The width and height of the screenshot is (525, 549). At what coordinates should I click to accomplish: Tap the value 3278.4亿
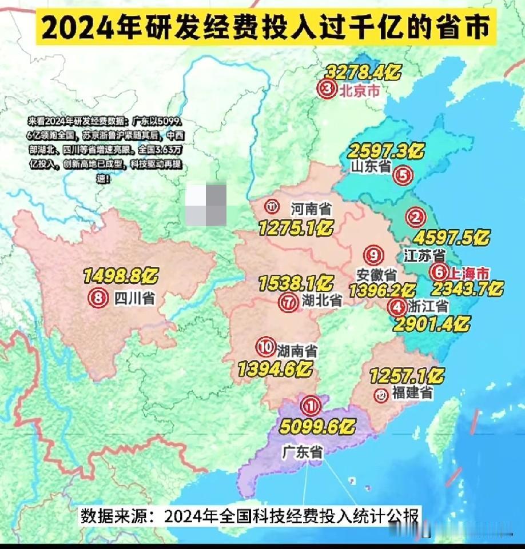click(363, 73)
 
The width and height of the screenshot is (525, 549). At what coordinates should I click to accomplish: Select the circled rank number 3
click(327, 90)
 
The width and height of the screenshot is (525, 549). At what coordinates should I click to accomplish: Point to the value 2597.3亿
click(386, 151)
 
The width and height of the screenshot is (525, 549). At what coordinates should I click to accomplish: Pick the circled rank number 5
click(403, 175)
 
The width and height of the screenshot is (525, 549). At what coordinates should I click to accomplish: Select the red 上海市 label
click(468, 272)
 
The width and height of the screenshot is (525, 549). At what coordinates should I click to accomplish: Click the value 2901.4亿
click(431, 324)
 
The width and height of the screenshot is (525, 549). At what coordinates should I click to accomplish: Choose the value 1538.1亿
click(296, 283)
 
